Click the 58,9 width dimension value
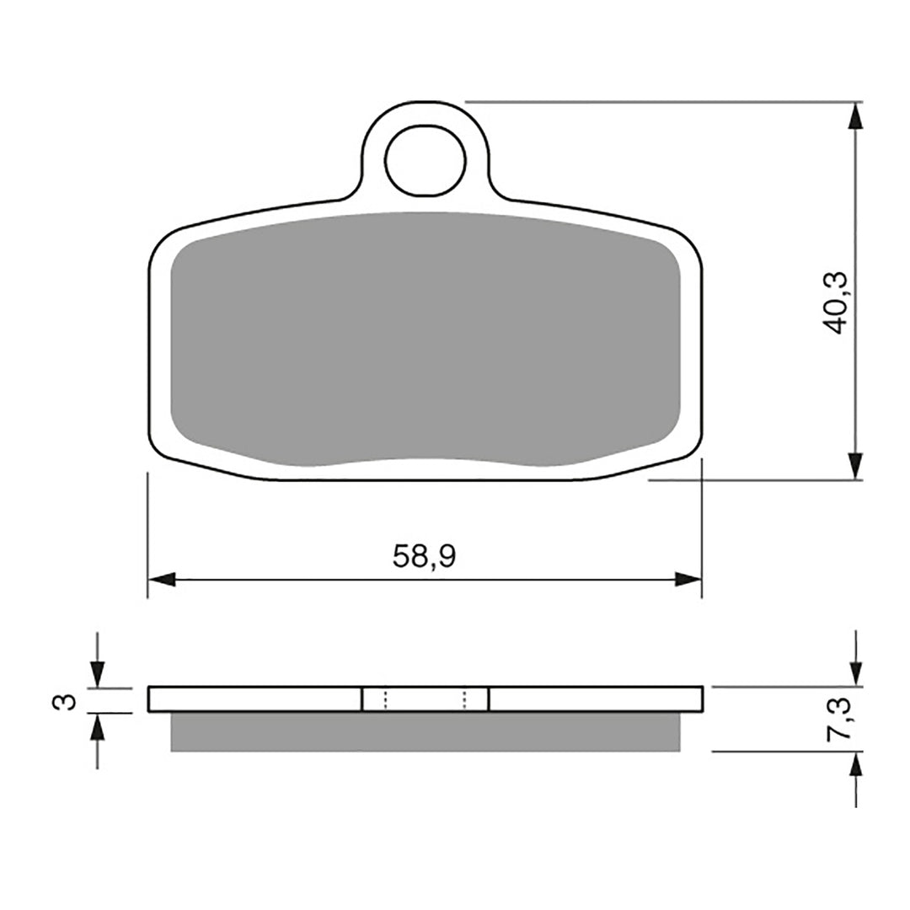[x=424, y=556]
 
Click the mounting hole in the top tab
[x=426, y=160]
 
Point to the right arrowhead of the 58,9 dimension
[x=688, y=580]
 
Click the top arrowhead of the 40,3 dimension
[x=856, y=116]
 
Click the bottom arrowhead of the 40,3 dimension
[x=856, y=466]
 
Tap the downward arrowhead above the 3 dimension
[x=97, y=673]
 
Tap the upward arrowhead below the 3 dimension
[x=97, y=727]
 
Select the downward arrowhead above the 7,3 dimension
[x=856, y=672]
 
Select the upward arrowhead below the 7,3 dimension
[x=856, y=766]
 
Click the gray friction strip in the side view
[x=425, y=731]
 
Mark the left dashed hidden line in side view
[x=385, y=699]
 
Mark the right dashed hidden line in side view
[x=464, y=699]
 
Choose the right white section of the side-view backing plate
[x=595, y=699]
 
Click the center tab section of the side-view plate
[x=425, y=699]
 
